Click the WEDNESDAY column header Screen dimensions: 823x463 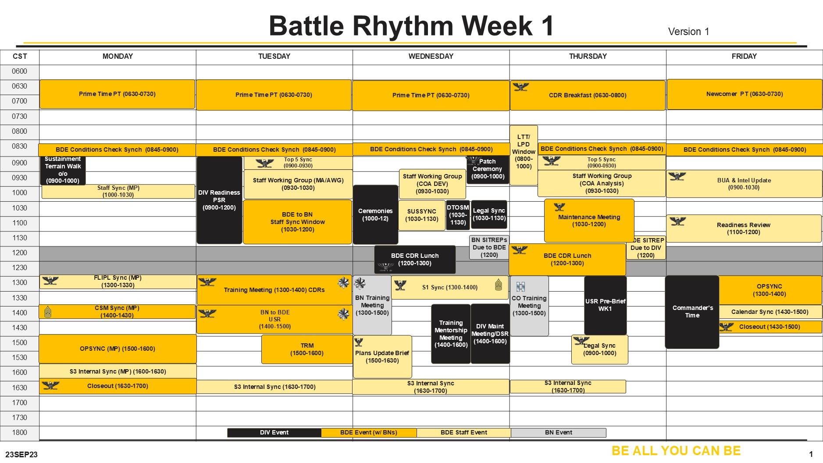tap(431, 56)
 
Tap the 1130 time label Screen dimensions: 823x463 tap(20, 238)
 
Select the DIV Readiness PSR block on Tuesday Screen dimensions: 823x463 tap(219, 200)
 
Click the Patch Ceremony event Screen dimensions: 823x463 tap(488, 169)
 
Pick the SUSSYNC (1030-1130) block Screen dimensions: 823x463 tap(421, 215)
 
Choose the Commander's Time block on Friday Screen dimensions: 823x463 tap(692, 312)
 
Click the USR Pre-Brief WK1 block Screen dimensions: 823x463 tap(606, 305)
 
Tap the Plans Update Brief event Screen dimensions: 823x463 tap(382, 356)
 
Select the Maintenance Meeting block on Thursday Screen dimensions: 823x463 tap(589, 221)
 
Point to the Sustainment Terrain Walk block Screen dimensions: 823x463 tap(63, 170)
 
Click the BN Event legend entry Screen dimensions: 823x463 tap(558, 433)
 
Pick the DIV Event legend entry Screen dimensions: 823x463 tap(274, 433)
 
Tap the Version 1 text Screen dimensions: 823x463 tap(688, 32)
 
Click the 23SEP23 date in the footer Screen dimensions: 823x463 tap(21, 455)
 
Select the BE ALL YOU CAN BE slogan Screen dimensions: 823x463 tap(676, 451)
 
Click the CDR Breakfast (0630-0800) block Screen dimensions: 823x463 tap(588, 95)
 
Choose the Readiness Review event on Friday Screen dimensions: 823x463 tap(744, 228)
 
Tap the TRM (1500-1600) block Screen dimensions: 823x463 tap(307, 349)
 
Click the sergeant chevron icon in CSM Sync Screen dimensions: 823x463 tap(48, 312)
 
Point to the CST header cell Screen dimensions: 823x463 tap(20, 57)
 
